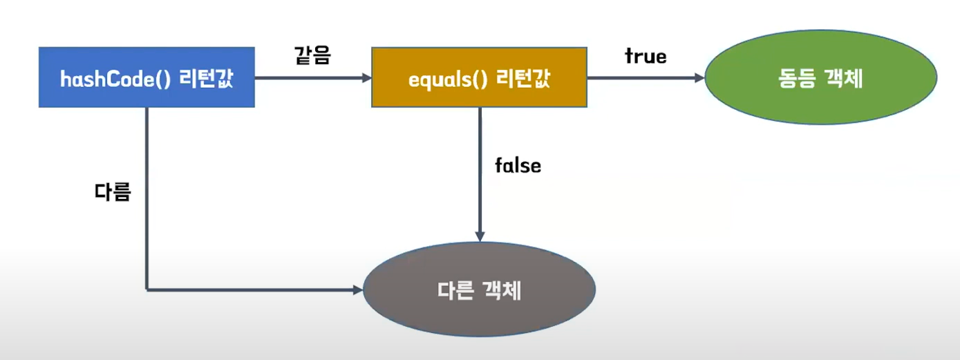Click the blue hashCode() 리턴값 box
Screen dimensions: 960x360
click(147, 77)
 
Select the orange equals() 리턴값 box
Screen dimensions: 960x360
click(479, 77)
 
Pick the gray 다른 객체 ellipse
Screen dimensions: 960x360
click(479, 292)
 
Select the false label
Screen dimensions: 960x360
click(518, 166)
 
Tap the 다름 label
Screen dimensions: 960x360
click(113, 191)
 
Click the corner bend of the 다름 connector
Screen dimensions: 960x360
click(147, 290)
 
